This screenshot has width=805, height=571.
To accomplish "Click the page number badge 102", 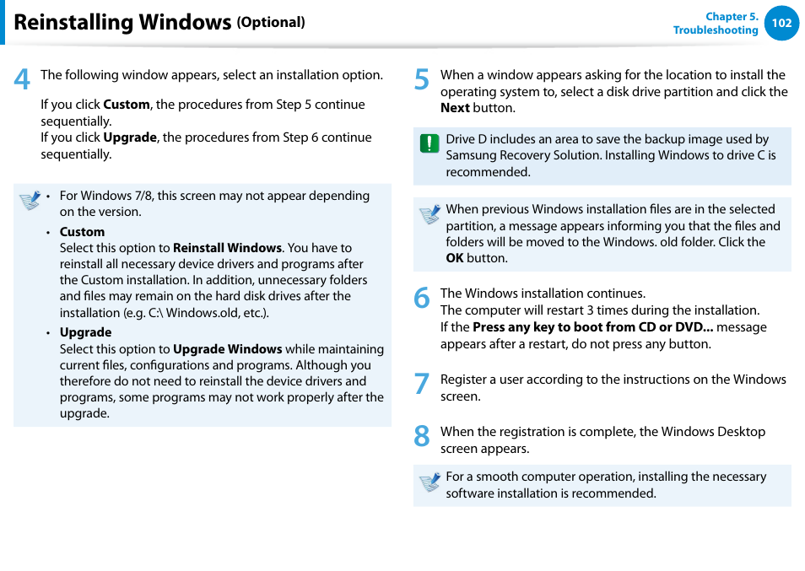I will (781, 23).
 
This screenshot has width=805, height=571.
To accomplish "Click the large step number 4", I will (22, 80).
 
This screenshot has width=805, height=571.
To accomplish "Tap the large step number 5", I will (422, 80).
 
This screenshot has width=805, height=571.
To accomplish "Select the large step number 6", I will (422, 299).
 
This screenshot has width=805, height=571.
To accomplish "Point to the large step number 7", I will (422, 385).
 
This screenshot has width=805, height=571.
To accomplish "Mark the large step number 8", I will (422, 437).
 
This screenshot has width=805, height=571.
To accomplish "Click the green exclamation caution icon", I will (430, 143).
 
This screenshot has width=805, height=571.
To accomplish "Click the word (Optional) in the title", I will (270, 23).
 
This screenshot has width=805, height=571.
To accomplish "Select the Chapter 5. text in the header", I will (732, 16).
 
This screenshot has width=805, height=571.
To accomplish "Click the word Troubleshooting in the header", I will (715, 30).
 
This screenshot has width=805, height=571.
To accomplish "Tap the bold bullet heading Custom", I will (82, 232).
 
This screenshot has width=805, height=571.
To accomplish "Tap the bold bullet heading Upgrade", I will (85, 332).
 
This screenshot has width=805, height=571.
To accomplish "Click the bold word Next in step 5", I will (455, 108).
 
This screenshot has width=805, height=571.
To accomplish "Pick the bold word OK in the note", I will (454, 258).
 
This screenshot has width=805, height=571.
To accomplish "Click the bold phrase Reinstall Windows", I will (227, 248).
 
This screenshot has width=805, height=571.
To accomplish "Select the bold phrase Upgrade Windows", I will (227, 349).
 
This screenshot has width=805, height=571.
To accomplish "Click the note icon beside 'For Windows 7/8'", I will (30, 200).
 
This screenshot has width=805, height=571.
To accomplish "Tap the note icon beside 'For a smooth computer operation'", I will (430, 482).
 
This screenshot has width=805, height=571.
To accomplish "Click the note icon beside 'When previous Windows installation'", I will (430, 214).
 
